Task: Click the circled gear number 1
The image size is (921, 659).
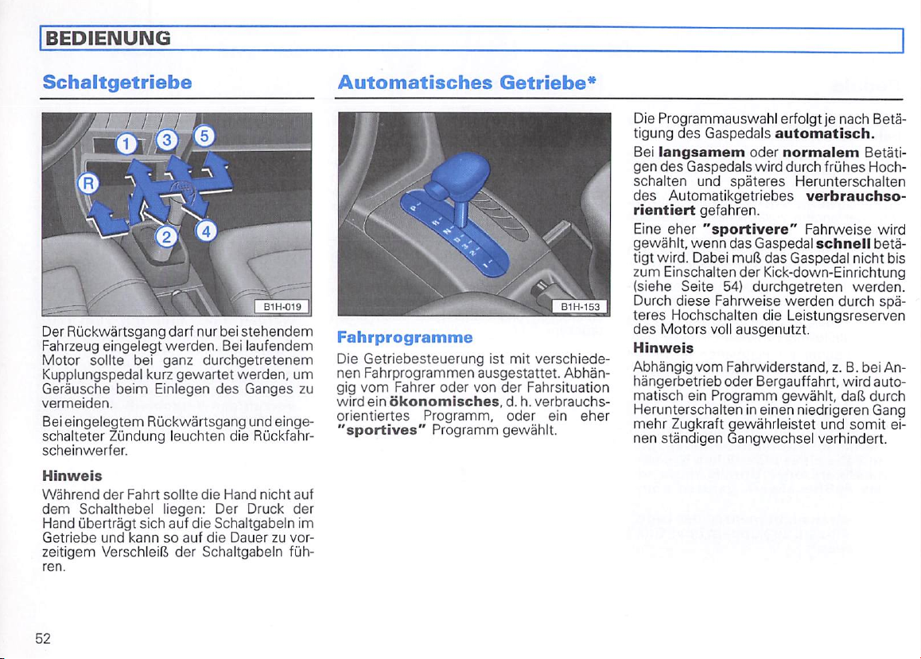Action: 126,144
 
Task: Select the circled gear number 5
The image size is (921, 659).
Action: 204,135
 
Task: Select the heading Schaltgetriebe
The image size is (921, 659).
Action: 118,82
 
